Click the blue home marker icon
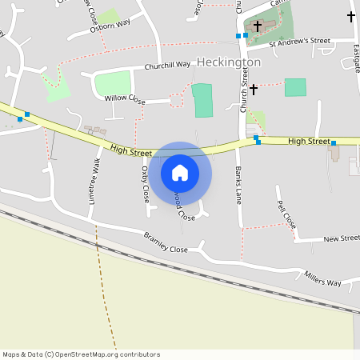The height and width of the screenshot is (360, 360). pos(180,172)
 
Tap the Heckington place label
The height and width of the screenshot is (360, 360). pos(229,62)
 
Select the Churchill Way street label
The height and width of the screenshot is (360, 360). pos(168,65)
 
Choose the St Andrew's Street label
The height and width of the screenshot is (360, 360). pos(300,41)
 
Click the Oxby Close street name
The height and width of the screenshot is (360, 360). pos(145,183)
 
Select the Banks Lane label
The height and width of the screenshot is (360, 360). pos(238,185)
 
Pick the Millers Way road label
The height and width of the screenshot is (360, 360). pos(322,279)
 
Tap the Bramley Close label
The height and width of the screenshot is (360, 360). pos(166,242)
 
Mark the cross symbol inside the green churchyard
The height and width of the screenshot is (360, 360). pos(257,26)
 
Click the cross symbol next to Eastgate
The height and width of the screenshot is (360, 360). pos(350,16)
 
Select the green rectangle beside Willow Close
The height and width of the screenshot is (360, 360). pos(203,100)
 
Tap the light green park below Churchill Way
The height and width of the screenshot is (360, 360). pos(113,84)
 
